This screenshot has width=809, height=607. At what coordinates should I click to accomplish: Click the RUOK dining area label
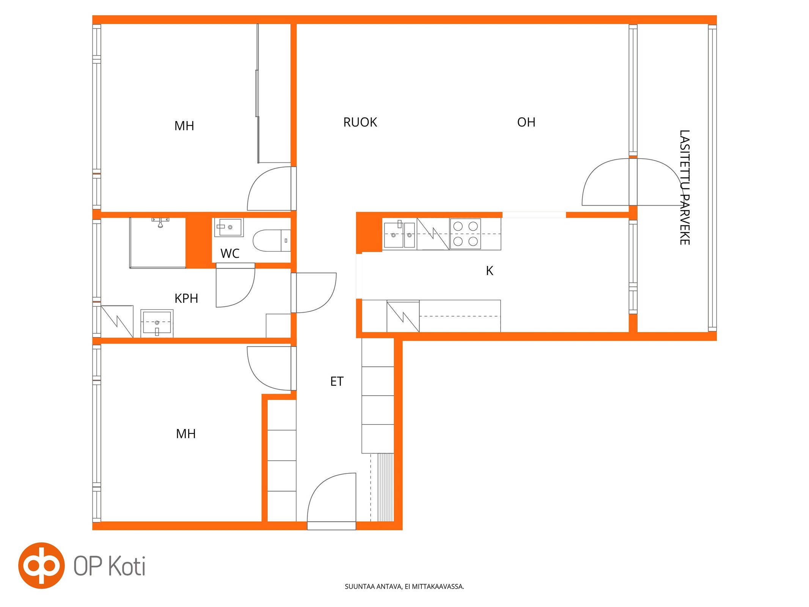(360, 122)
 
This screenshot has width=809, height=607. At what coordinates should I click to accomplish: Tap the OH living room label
(526, 122)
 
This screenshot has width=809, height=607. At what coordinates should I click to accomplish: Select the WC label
(230, 253)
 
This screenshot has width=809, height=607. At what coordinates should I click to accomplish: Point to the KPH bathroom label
(186, 299)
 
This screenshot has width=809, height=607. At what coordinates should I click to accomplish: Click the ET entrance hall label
(337, 381)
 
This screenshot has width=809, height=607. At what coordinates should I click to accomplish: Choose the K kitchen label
(490, 271)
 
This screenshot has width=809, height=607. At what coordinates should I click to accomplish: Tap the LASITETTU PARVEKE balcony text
(684, 187)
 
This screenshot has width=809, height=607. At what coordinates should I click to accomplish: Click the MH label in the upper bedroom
(184, 126)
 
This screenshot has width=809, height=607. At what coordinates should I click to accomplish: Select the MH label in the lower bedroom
(186, 434)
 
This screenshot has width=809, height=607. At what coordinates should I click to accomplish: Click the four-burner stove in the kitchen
(465, 234)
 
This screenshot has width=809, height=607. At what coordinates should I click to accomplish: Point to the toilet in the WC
(272, 241)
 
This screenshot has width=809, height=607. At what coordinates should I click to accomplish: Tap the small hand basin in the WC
(228, 227)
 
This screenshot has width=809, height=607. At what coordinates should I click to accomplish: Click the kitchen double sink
(399, 234)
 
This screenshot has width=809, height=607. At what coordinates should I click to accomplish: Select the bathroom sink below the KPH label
(157, 323)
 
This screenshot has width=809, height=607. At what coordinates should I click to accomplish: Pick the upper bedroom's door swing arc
(262, 182)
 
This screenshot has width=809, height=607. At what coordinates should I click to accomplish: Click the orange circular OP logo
(41, 566)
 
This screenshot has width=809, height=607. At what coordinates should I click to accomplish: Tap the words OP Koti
(110, 566)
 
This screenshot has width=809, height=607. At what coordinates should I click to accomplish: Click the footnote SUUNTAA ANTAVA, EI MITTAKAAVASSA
(404, 587)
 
